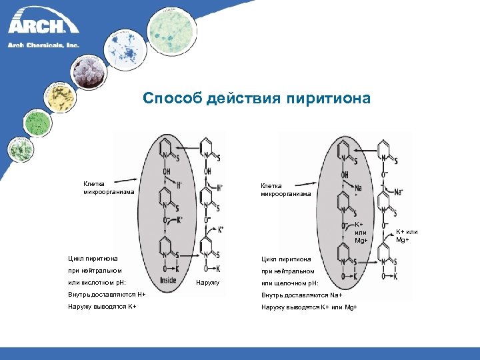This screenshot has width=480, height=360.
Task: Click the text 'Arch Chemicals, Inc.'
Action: tap(43, 45)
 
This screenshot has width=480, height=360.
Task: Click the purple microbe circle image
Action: tap(90, 70)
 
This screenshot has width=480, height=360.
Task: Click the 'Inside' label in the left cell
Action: tap(168, 281)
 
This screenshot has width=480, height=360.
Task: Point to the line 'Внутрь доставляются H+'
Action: tap(107, 294)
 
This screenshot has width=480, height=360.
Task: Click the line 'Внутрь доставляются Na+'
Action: tap(301, 295)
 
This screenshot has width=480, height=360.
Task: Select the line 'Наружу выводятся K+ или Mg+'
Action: tap(309, 306)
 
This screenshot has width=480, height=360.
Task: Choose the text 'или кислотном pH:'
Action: tap(97, 283)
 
